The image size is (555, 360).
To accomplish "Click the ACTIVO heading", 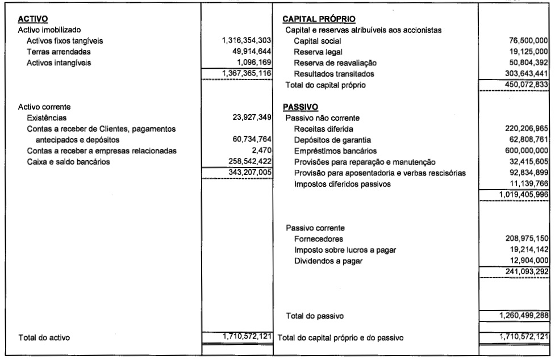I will [33, 19].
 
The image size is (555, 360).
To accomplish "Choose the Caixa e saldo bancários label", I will [65, 161].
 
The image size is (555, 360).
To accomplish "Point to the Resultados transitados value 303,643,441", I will [525, 73].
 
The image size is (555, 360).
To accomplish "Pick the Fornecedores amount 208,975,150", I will [525, 238].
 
